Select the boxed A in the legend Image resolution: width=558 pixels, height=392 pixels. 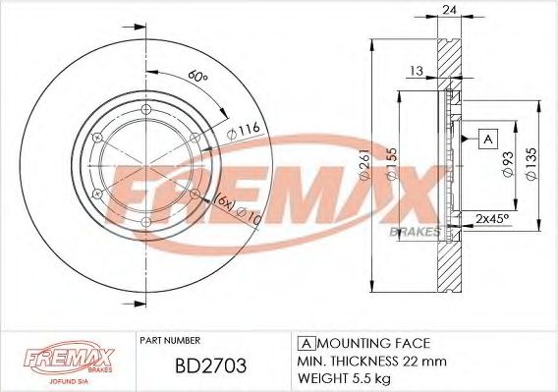pos(305,343)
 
